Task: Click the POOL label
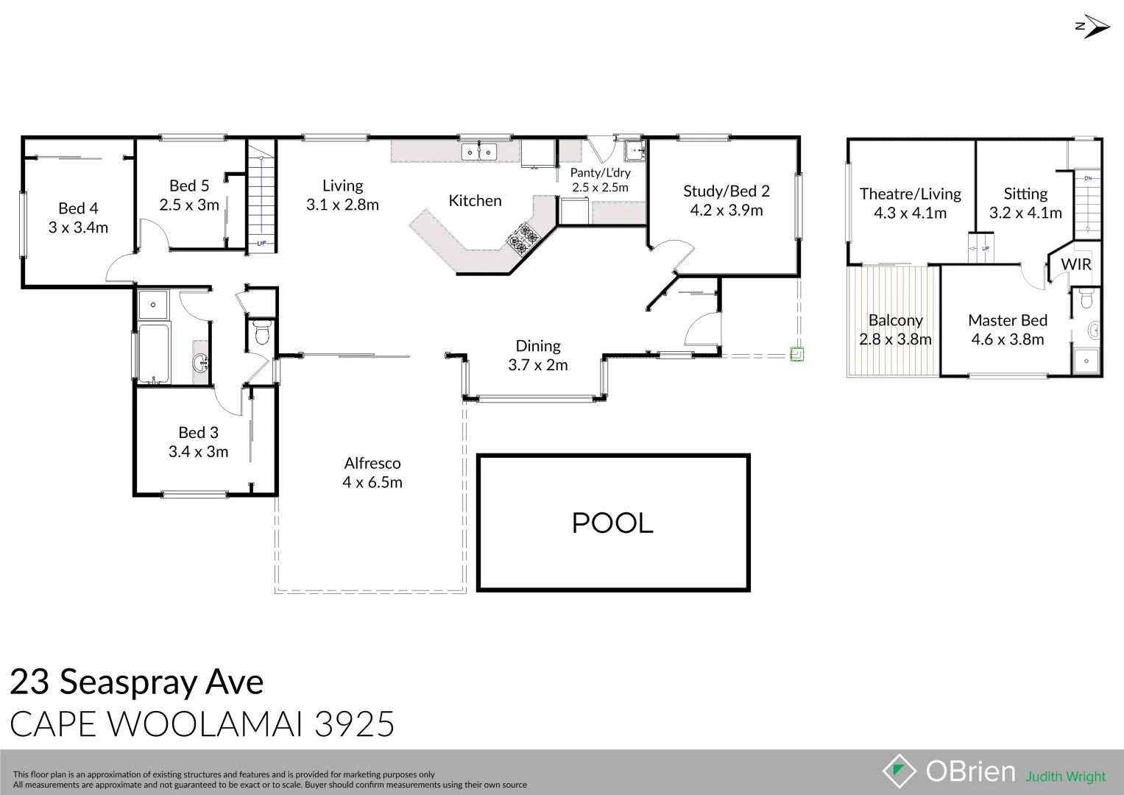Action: tap(612, 523)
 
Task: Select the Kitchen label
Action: tap(475, 201)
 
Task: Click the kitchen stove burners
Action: tap(523, 239)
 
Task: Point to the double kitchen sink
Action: tap(478, 152)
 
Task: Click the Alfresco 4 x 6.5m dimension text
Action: tap(372, 482)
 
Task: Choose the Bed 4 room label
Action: tap(78, 208)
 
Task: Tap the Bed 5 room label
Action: tap(189, 185)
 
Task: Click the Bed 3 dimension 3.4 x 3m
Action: tap(198, 452)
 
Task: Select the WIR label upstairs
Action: tap(1076, 264)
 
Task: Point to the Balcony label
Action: tap(896, 320)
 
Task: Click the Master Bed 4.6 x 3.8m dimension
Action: tap(1008, 339)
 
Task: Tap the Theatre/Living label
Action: tap(911, 194)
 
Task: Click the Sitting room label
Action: tap(1025, 194)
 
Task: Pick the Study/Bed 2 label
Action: tap(726, 191)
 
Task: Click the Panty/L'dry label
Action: tap(600, 173)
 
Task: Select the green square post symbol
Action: tap(797, 354)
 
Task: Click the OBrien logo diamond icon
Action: tap(899, 771)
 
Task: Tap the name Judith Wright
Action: tap(1065, 777)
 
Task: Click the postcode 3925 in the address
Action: tap(354, 724)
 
